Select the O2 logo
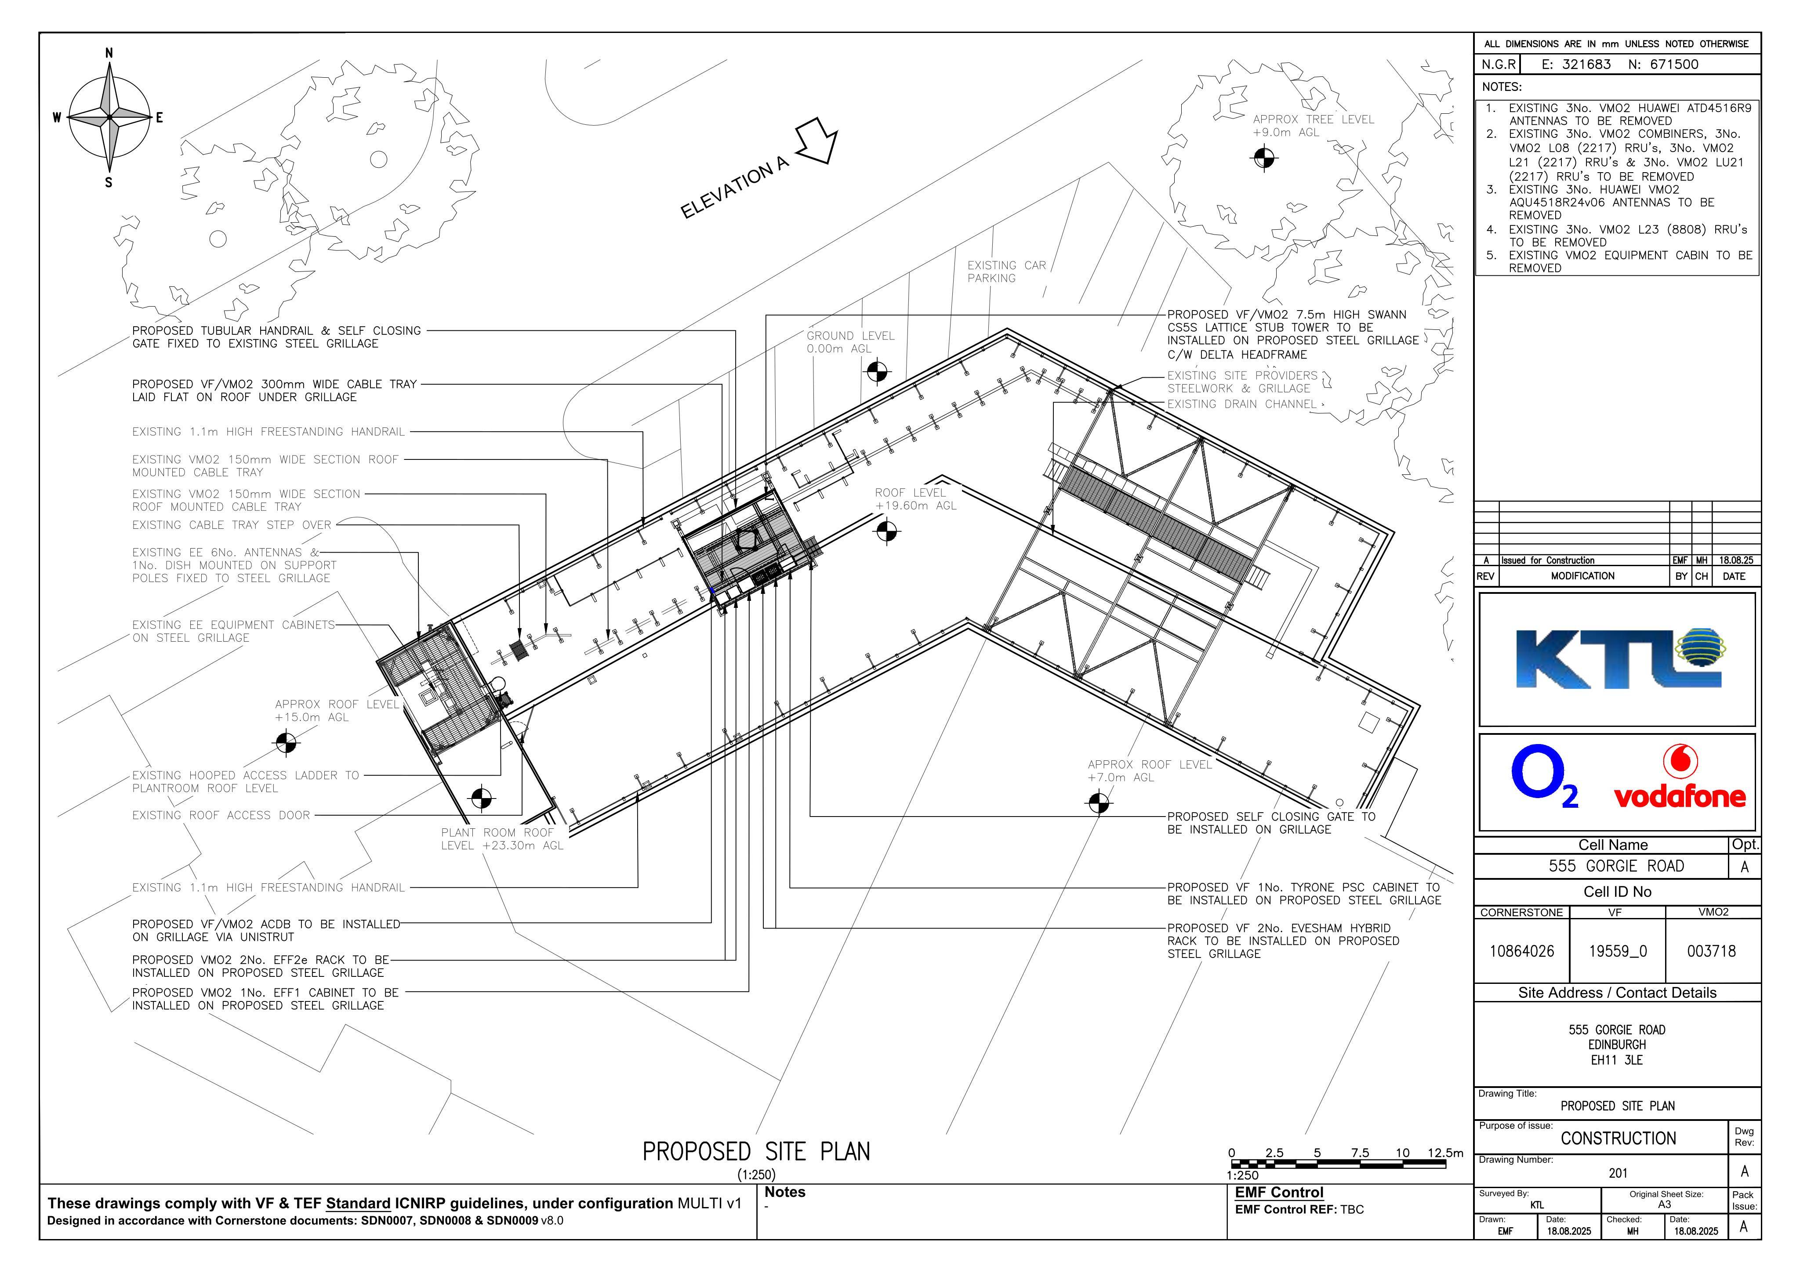pos(1544,777)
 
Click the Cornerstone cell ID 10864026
pos(1522,951)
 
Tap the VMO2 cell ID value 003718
pos(1711,951)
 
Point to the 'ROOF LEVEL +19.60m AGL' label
pos(916,499)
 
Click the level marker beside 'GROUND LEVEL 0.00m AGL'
pos(877,372)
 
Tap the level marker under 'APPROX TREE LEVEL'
pos(1264,158)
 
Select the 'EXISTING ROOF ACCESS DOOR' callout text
pos(221,815)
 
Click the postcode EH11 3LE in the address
pos(1617,1060)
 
